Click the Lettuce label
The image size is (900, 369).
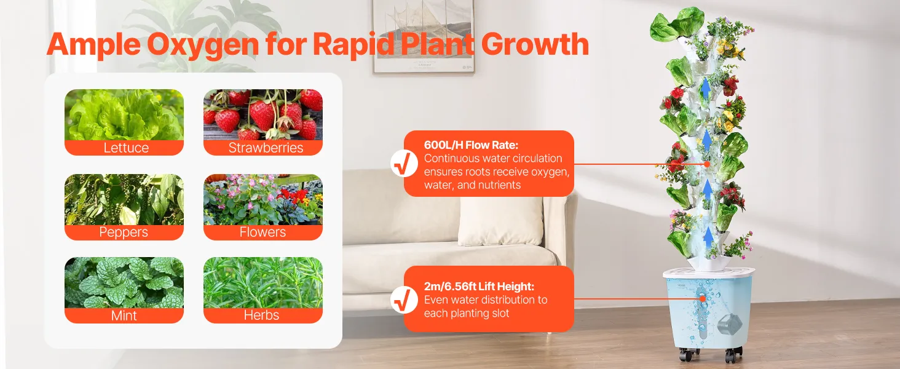coord(126,148)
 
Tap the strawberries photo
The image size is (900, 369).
coord(263,114)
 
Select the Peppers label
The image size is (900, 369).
coord(124,232)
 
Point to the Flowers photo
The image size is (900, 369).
coord(263,199)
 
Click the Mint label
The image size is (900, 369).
coord(124,315)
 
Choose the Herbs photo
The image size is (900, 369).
coord(263,282)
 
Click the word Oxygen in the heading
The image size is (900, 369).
coord(202,45)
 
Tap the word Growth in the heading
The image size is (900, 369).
coord(535,44)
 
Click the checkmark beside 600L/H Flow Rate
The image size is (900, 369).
coord(404,163)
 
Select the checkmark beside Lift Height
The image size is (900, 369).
coord(404,300)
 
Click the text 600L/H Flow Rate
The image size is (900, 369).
coord(471,145)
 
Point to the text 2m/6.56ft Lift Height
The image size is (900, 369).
coord(479,287)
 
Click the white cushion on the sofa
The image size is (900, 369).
coord(501,220)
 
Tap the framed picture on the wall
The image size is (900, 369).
coord(424,36)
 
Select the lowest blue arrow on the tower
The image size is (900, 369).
coord(708,237)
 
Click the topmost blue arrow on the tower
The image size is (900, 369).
coord(706,89)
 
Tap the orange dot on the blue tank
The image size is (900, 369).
coord(702,299)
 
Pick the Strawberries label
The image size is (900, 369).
coord(266,148)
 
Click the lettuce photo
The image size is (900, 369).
coord(124,114)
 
